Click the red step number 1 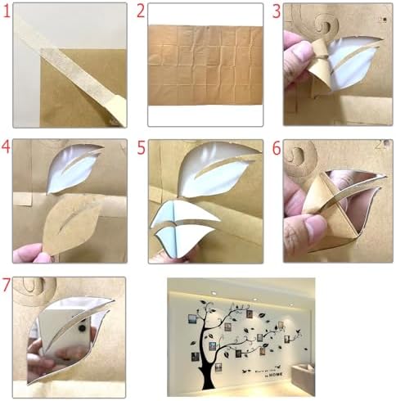click(7, 11)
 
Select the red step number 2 click(141, 11)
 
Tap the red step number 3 click(277, 11)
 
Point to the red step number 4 click(7, 148)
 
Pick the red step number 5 click(142, 148)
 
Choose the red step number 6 click(277, 148)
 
